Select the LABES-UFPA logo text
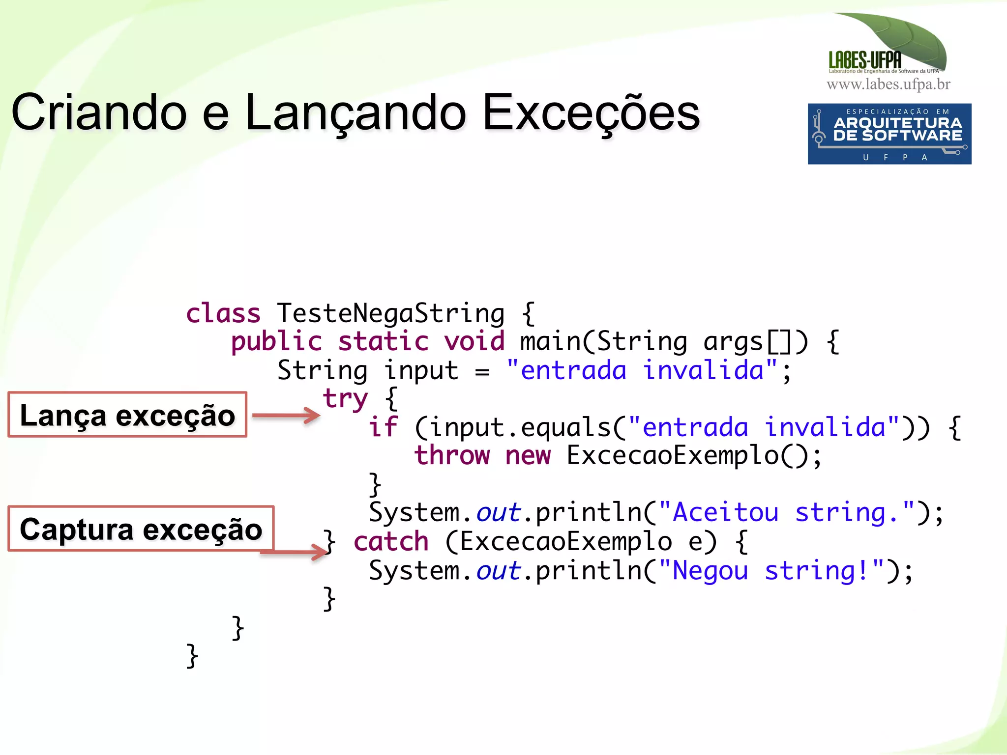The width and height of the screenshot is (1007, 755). tap(865, 60)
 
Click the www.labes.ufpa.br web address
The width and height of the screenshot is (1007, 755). tap(889, 84)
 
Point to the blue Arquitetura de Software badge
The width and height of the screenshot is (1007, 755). tap(889, 134)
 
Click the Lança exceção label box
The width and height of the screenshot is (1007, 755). tap(127, 415)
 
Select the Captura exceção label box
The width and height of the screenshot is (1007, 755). tap(141, 529)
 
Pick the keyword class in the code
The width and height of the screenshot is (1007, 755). tap(223, 313)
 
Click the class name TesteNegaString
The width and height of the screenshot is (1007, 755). tap(390, 313)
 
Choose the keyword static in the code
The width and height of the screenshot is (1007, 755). tap(383, 341)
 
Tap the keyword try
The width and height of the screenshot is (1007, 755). tap(345, 398)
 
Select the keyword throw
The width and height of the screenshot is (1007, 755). tap(452, 455)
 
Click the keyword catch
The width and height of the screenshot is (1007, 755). tap(391, 541)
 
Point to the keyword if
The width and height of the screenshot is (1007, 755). tap(383, 427)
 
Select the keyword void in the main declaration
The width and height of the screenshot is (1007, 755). tap(474, 341)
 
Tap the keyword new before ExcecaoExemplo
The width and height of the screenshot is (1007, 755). tap(528, 455)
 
